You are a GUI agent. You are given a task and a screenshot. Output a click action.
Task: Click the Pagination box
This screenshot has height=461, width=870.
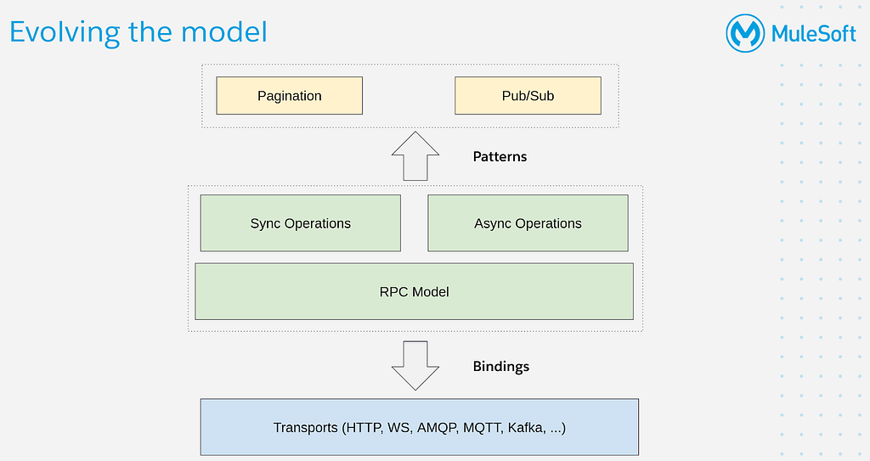[x=289, y=95]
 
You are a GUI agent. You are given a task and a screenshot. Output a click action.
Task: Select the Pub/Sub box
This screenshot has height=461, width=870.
[x=528, y=95]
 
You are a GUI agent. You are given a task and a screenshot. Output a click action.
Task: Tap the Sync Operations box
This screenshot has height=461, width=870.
[x=300, y=223]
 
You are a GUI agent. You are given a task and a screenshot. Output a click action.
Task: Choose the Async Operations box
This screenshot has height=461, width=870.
[x=528, y=223]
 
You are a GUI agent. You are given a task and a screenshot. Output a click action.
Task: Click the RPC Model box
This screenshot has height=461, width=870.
[x=414, y=291]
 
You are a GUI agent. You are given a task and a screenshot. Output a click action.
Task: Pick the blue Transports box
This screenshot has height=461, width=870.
[x=420, y=427]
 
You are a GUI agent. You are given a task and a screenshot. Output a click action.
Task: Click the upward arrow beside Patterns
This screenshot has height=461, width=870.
[x=415, y=156]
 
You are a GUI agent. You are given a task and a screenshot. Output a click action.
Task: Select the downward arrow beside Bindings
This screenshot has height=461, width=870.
[x=415, y=366]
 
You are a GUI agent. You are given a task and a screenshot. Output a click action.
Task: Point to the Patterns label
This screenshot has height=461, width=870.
[x=500, y=156]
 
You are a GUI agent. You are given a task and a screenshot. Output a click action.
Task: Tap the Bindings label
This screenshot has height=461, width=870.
[x=501, y=367]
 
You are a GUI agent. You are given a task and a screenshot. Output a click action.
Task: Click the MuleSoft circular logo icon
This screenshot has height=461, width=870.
[x=745, y=33]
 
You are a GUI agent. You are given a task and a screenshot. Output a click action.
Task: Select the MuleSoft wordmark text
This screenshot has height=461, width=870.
[x=813, y=34]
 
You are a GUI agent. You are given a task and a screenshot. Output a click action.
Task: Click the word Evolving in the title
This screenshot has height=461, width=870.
[x=65, y=32]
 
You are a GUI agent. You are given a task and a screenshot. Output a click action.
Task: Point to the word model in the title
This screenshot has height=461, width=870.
[x=224, y=31]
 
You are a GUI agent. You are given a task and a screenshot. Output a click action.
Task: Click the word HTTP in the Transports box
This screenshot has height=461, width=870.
[x=364, y=428]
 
